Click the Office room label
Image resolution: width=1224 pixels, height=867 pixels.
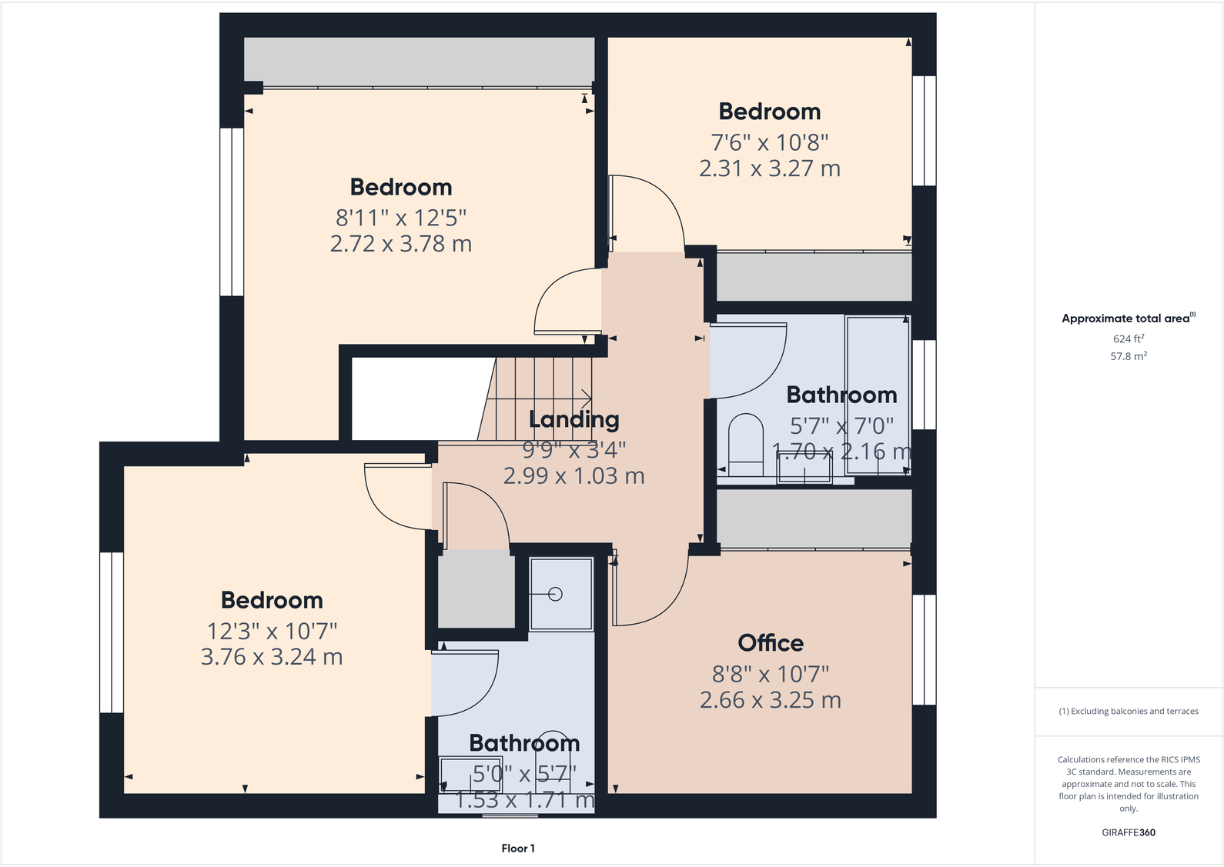[770, 643]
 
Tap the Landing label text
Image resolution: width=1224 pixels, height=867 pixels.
[574, 419]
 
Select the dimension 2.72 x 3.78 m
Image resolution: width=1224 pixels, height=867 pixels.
[400, 244]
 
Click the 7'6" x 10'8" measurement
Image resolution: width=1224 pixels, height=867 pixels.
[769, 142]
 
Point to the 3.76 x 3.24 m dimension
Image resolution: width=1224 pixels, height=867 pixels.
[271, 657]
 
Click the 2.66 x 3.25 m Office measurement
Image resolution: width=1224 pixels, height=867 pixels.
[770, 700]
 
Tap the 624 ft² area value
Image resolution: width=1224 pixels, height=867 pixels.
[1128, 338]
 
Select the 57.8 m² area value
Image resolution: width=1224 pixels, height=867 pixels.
[1128, 356]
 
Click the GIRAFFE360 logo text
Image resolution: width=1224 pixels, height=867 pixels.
[1128, 832]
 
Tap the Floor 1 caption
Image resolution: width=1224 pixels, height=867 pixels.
[517, 849]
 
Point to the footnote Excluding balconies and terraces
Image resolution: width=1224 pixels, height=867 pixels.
[1128, 712]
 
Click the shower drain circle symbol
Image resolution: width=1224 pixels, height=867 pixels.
[556, 594]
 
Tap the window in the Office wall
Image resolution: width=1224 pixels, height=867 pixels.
[924, 649]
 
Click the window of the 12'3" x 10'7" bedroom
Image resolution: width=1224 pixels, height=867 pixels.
[112, 632]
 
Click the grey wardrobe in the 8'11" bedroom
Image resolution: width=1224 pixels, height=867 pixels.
[420, 62]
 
